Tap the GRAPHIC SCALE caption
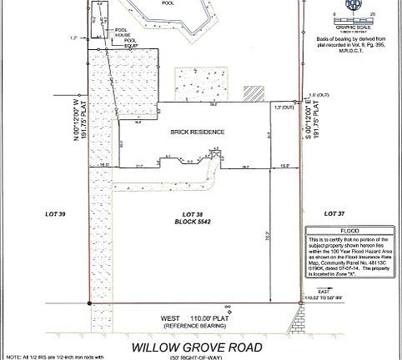352,25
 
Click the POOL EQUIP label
131,43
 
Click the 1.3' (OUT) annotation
284,107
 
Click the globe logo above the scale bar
352,4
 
